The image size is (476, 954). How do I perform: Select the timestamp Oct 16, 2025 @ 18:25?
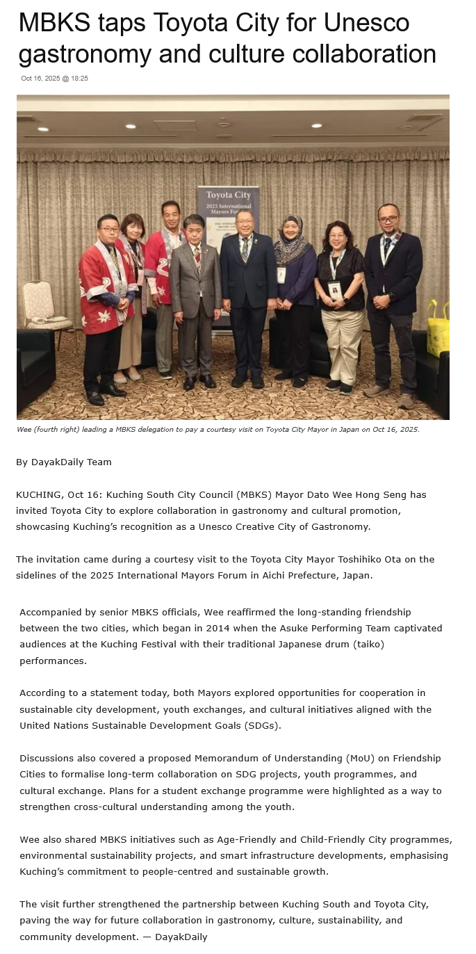tap(54, 79)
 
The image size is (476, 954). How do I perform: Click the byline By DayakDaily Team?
tap(63, 462)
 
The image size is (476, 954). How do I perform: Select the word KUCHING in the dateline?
tap(39, 495)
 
